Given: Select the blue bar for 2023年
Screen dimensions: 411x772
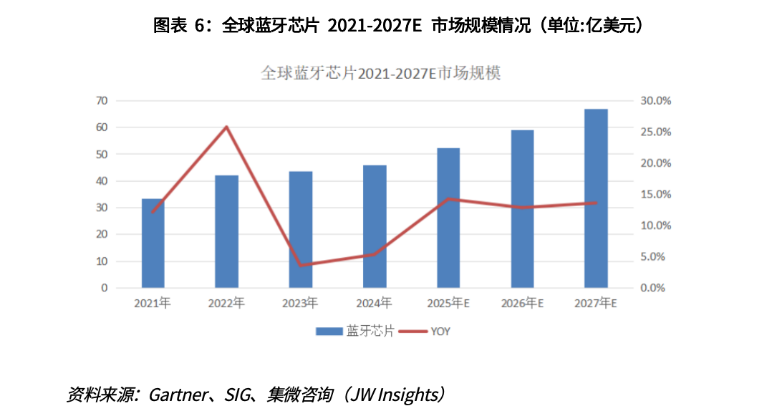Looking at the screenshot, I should (300, 229).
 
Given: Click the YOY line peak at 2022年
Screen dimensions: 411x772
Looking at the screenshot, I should (226, 127).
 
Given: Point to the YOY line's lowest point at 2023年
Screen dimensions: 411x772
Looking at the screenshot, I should (300, 265).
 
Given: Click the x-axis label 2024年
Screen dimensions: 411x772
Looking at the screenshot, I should (374, 304).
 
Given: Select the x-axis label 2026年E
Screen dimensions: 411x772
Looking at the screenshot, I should (521, 304).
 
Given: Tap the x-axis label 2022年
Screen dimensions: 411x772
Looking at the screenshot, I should (226, 304).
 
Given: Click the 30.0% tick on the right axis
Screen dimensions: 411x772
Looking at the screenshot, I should (655, 101).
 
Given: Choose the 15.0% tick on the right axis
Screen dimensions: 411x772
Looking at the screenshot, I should (655, 194).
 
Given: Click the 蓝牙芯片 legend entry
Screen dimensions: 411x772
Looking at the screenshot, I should (355, 332).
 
